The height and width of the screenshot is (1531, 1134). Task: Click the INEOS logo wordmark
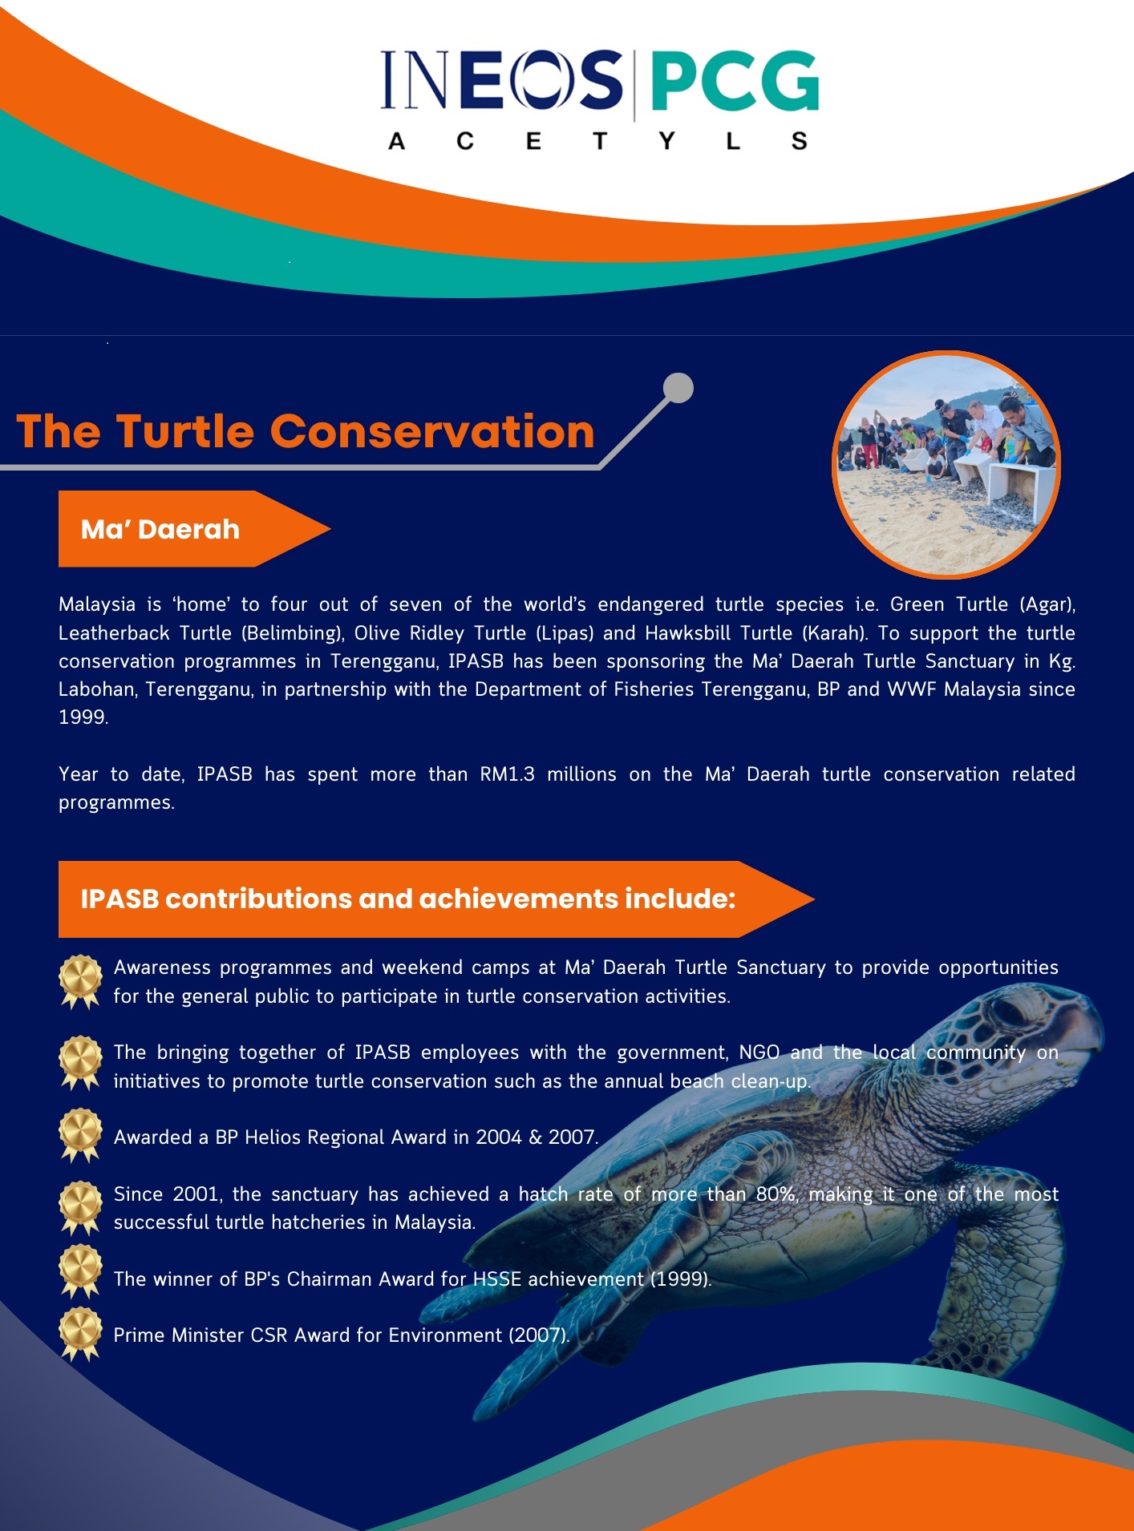click(x=502, y=79)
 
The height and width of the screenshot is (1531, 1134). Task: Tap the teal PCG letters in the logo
click(x=734, y=81)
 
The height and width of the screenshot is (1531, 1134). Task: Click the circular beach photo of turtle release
click(x=946, y=464)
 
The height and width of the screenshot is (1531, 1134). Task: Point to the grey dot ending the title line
click(x=678, y=388)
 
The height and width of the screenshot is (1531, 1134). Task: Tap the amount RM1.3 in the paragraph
click(x=507, y=774)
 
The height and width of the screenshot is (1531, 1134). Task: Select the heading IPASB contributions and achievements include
click(x=408, y=899)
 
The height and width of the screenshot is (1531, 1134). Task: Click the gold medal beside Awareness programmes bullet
click(x=80, y=982)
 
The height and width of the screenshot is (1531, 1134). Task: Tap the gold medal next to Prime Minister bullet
click(x=80, y=1335)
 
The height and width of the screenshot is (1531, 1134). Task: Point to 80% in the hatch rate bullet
click(x=776, y=1194)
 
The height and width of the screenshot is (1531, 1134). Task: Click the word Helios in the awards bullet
click(x=276, y=1137)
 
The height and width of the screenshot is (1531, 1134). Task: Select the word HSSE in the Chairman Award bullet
click(x=497, y=1279)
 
